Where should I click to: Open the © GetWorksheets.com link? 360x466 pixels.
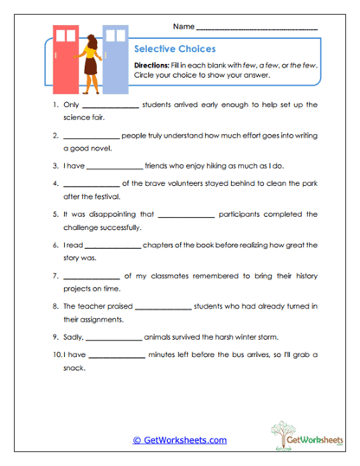click(x=180, y=440)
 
